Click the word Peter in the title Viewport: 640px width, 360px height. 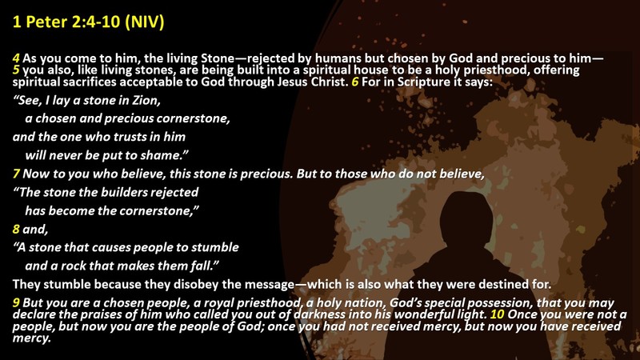[46, 22]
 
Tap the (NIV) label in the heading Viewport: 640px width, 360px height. [145, 22]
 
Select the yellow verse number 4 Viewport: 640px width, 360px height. [16, 58]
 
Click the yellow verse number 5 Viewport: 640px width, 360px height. [16, 70]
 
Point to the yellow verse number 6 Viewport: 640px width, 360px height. [355, 82]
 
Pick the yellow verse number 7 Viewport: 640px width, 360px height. [16, 174]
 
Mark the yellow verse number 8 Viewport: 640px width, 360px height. [16, 229]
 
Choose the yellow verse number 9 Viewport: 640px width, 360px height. [16, 303]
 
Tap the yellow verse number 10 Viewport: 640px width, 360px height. [497, 314]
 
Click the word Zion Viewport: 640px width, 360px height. [146, 101]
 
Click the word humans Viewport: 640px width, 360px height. [326, 58]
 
